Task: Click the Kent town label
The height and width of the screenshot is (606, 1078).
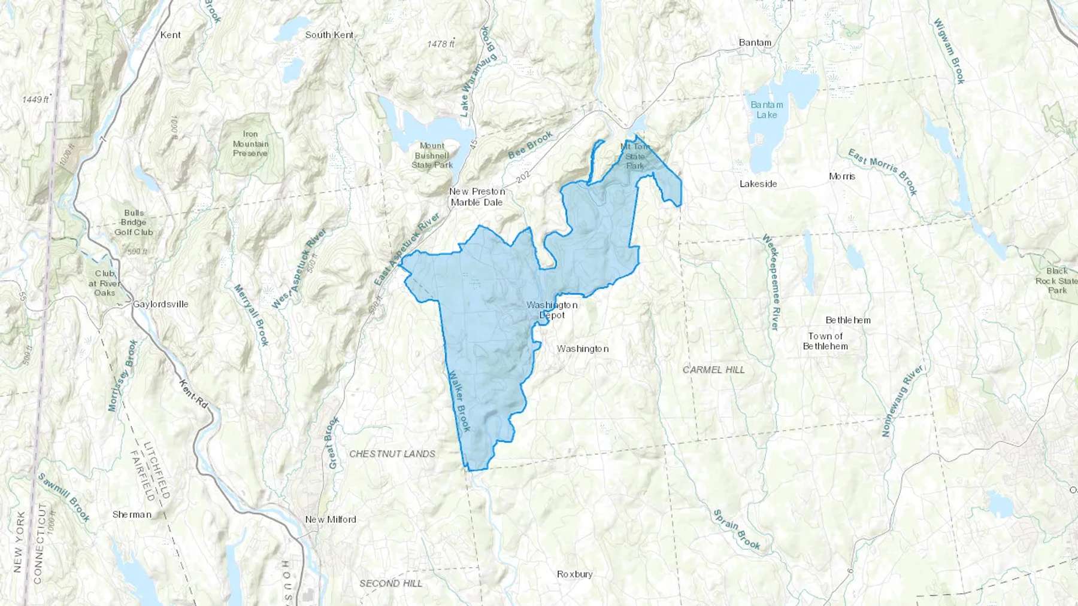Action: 170,35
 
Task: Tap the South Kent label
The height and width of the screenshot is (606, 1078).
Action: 329,35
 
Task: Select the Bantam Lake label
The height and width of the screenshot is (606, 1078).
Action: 767,109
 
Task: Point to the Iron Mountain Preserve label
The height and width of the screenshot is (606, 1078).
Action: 250,144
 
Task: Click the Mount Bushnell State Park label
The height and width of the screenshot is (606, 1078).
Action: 432,155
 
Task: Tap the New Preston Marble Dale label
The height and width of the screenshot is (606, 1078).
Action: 477,197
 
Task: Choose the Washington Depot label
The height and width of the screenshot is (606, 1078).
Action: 552,310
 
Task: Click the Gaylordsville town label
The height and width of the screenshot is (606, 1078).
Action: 161,304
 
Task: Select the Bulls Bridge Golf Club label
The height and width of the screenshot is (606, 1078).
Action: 134,223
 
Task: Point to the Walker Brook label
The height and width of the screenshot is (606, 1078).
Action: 459,401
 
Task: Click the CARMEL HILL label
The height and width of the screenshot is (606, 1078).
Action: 714,370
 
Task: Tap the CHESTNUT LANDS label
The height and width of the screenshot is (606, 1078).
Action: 392,453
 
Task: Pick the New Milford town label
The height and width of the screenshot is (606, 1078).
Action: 331,519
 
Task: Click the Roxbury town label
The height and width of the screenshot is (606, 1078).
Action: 575,574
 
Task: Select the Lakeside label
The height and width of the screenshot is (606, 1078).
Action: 758,184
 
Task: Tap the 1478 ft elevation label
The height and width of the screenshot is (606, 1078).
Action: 441,44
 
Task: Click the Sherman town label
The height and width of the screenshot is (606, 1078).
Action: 132,514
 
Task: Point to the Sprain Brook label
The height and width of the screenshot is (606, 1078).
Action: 737,529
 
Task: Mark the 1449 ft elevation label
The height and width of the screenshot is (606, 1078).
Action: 36,99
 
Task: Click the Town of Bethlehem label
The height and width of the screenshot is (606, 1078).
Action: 825,341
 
